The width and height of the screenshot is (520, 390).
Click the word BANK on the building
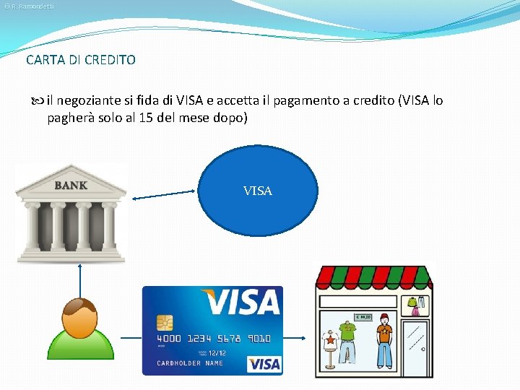[71, 186]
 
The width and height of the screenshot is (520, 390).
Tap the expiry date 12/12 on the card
[217, 352]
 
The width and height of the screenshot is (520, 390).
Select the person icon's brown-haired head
[79, 315]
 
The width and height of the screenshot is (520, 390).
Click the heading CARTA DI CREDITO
[80, 60]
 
